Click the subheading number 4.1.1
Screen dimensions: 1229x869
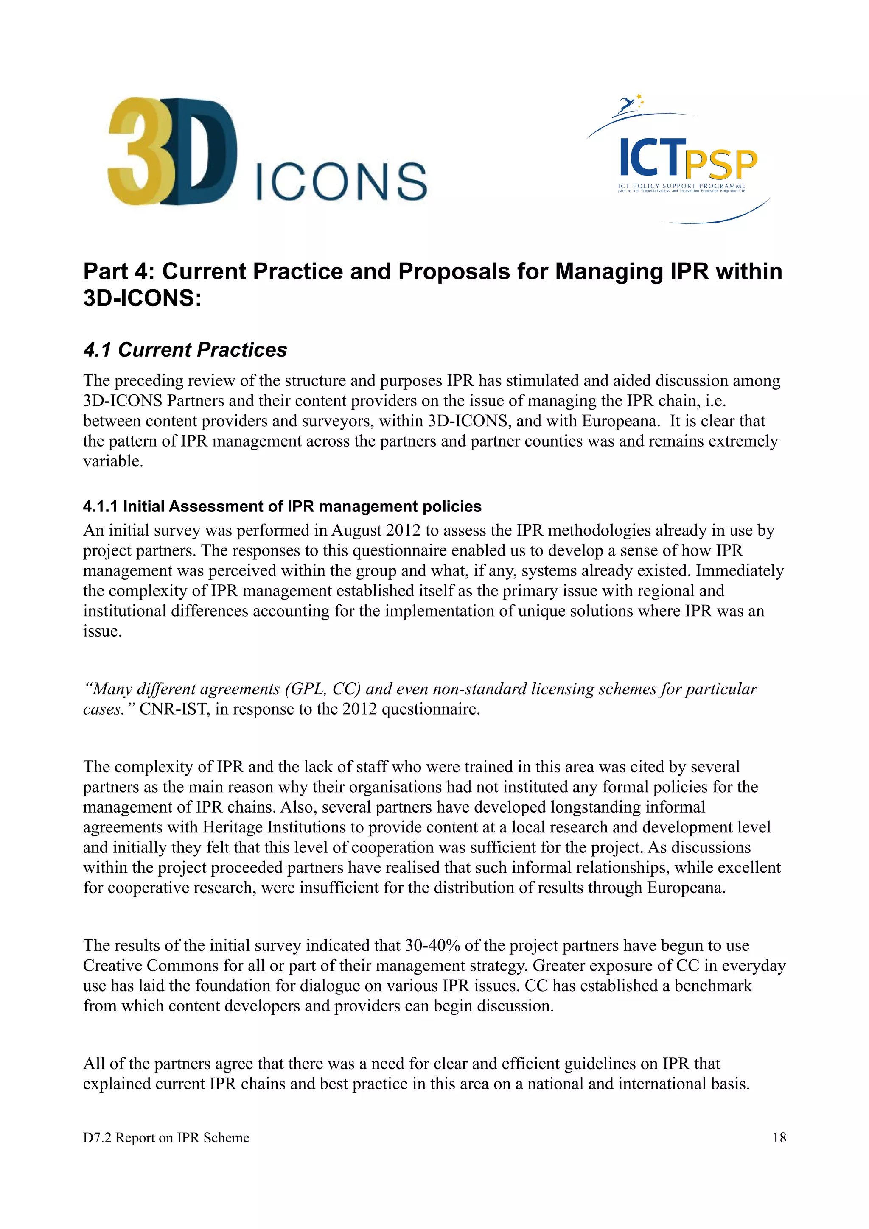pyautogui.click(x=101, y=506)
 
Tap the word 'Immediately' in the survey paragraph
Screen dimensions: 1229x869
pyautogui.click(x=740, y=571)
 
